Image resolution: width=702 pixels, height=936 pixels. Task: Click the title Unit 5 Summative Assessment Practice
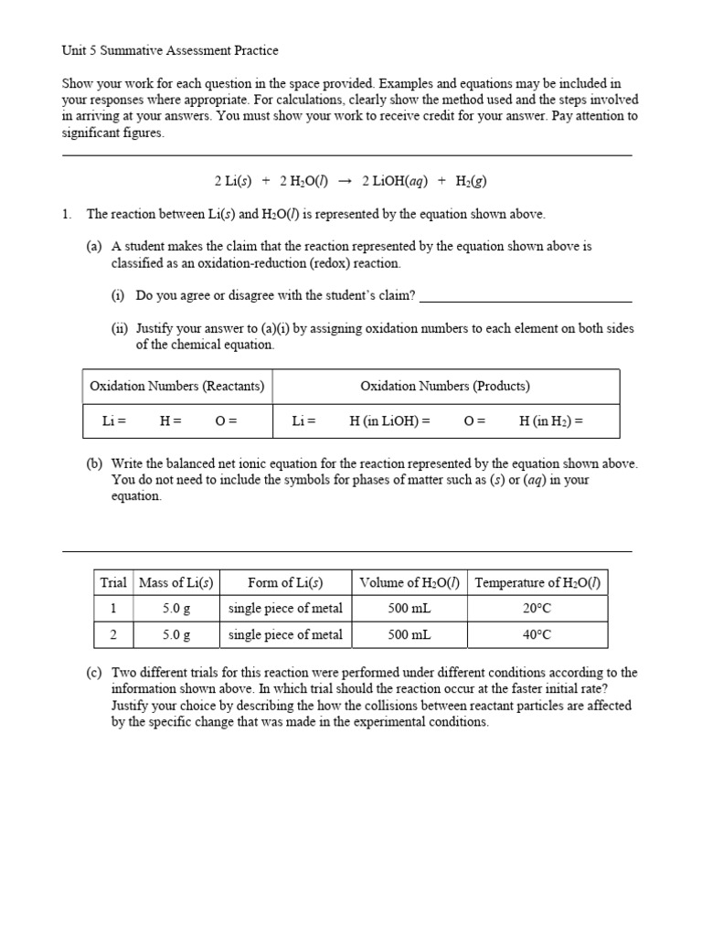point(169,50)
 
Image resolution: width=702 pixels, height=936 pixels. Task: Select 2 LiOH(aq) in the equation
point(395,181)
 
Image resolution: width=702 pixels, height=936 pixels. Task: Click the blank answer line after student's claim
point(526,295)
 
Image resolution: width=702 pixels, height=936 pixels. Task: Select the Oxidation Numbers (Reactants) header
point(177,386)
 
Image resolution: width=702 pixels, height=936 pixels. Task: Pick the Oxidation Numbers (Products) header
point(445,386)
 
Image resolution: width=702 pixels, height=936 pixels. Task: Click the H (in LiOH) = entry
point(389,421)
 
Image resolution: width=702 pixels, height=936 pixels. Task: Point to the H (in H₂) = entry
point(550,421)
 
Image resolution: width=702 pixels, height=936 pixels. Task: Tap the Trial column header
point(113,582)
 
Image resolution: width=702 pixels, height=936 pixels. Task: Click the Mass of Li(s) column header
point(176,582)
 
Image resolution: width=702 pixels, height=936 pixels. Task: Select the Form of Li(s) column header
point(285,582)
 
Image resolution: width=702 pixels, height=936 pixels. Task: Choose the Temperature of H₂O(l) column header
point(537,582)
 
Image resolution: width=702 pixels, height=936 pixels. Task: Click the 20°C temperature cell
point(537,608)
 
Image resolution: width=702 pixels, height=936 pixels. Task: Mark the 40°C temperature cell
point(537,634)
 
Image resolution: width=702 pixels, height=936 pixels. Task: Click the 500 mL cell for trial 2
point(410,634)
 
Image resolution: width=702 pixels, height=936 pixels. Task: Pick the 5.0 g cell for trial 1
point(176,608)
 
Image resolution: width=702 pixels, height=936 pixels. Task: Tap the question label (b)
point(94,463)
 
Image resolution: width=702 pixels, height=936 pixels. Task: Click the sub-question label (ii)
point(120,328)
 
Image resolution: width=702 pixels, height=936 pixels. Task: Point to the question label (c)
point(94,673)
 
